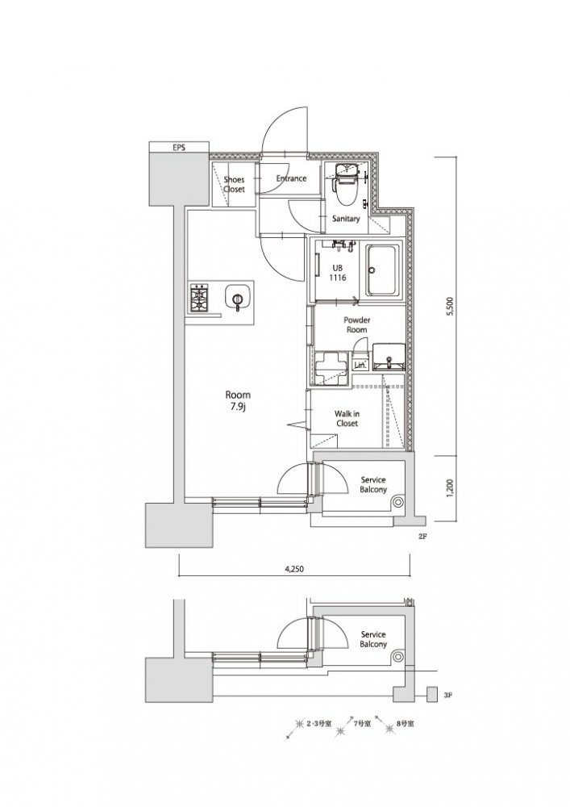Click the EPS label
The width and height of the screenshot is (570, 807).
tap(179, 147)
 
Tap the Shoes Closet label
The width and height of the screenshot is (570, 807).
tap(234, 184)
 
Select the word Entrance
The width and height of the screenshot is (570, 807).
tap(291, 178)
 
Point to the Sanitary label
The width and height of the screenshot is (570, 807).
tap(346, 219)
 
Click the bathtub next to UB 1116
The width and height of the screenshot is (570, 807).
tap(383, 271)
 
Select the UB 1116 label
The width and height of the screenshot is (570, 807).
tap(338, 273)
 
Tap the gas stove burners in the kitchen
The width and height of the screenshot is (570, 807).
tap(199, 298)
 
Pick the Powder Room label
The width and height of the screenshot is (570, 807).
tap(356, 324)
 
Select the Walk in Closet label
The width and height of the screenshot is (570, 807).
tap(347, 418)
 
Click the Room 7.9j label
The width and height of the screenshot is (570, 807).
tap(238, 400)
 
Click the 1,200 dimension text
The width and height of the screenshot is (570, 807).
tap(451, 488)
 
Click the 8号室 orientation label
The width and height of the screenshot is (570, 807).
tap(406, 723)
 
